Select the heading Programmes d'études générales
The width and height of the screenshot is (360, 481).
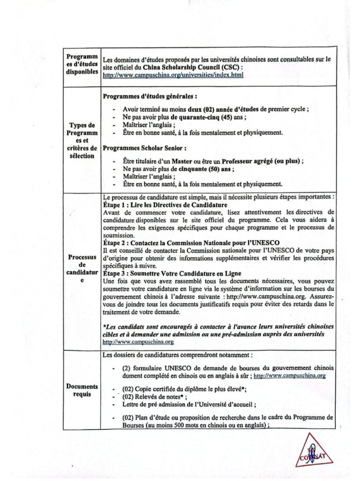[149, 96]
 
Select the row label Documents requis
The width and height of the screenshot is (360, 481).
[82, 390]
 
